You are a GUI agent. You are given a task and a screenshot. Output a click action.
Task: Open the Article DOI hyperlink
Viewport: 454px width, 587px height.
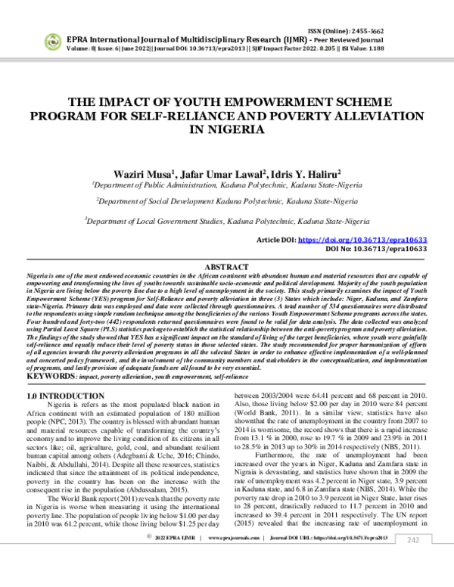point(362,239)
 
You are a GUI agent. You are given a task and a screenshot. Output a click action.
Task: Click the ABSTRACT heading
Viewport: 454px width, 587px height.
point(227,267)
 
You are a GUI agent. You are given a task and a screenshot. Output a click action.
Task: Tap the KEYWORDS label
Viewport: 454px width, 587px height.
point(50,376)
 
